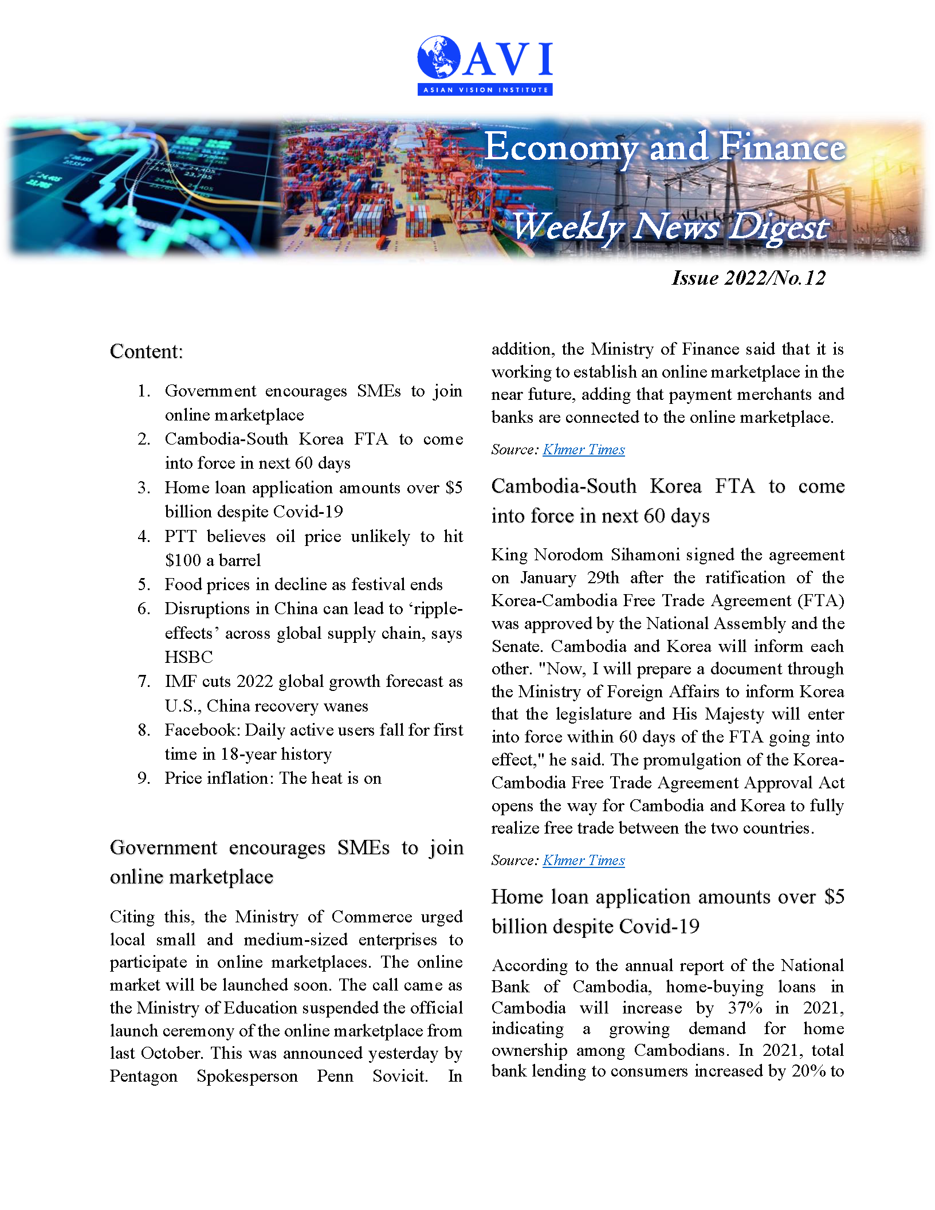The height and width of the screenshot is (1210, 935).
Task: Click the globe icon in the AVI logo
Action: (x=439, y=57)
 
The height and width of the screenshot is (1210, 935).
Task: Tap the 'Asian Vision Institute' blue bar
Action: (x=485, y=90)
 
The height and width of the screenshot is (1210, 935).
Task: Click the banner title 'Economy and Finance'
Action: (x=665, y=147)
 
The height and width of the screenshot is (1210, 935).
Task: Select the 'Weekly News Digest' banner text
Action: (x=669, y=227)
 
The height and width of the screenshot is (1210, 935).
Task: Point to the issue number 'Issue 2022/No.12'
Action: (x=748, y=278)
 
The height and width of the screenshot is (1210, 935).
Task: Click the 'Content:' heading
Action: (x=146, y=351)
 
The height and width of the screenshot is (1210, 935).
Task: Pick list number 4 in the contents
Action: (x=143, y=536)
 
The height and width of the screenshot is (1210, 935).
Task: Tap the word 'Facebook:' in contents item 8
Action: (x=202, y=730)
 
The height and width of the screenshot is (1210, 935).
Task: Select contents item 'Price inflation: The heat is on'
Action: (x=273, y=778)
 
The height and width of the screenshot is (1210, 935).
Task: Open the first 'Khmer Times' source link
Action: (x=583, y=450)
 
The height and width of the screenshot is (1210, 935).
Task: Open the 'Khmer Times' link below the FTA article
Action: (x=583, y=861)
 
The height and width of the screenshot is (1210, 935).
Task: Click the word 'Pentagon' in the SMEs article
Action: (x=143, y=1076)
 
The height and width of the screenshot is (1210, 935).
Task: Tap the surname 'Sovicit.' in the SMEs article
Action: (x=400, y=1076)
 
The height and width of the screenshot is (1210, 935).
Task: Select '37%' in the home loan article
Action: (x=744, y=1008)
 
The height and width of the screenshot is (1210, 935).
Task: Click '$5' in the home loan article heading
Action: (x=834, y=897)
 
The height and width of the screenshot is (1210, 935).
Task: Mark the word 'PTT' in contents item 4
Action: (x=180, y=536)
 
